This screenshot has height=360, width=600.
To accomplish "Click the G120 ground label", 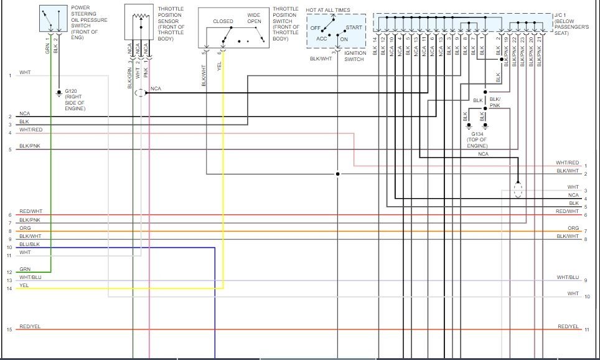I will [72, 91].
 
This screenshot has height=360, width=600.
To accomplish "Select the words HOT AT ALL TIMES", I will [328, 11].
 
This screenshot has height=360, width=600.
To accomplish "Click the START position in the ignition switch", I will [354, 27].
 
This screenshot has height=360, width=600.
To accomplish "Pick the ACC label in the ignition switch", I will [322, 39].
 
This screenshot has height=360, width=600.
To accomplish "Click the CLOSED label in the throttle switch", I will [223, 21].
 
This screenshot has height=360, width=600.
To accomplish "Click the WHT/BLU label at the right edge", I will [568, 277].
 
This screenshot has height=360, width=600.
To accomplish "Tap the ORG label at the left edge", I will [25, 229].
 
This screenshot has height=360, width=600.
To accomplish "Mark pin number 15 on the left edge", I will [9, 329].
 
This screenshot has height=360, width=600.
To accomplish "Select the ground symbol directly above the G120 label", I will [59, 93].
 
